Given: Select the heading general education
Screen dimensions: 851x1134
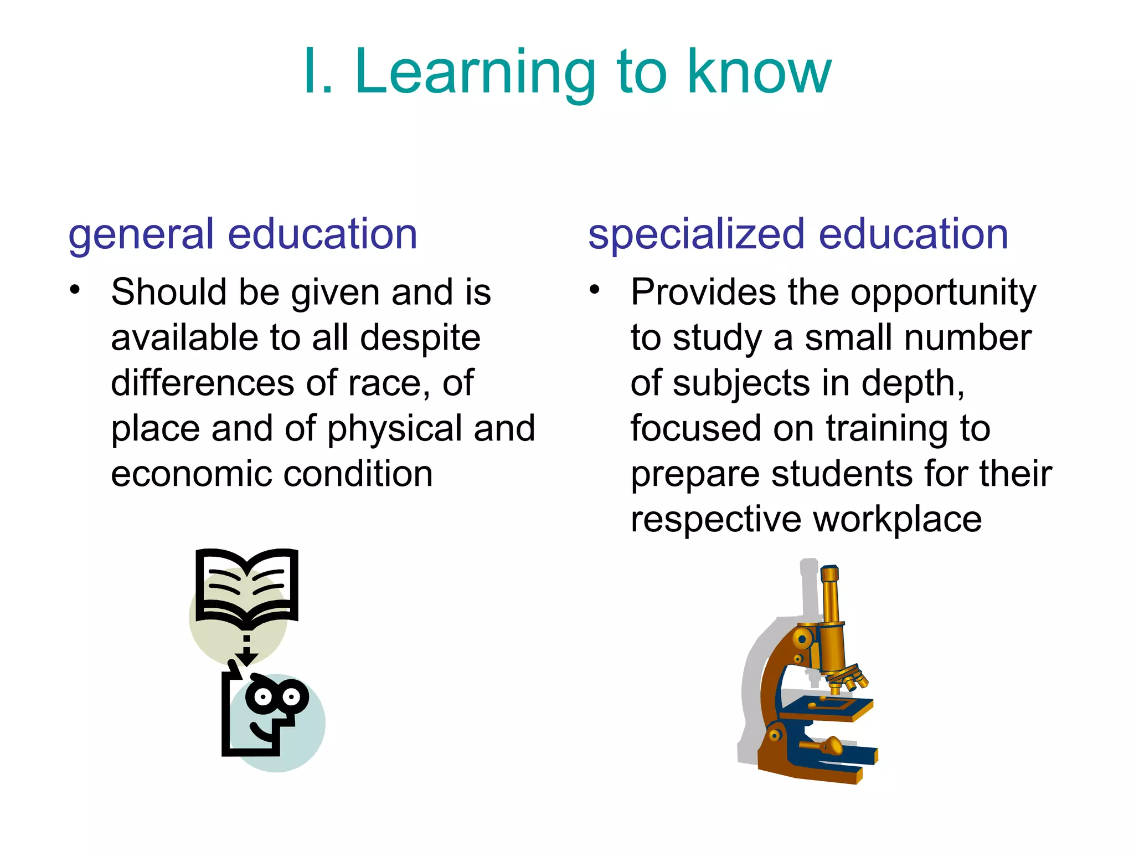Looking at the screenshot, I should point(243,234).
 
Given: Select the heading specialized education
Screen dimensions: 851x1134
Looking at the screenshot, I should point(798,234).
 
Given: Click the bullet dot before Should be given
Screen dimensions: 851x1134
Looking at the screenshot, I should point(75,289).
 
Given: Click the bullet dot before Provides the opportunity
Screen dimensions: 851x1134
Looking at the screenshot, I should point(595,289).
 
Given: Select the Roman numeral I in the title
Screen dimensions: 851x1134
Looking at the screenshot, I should point(310,72).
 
